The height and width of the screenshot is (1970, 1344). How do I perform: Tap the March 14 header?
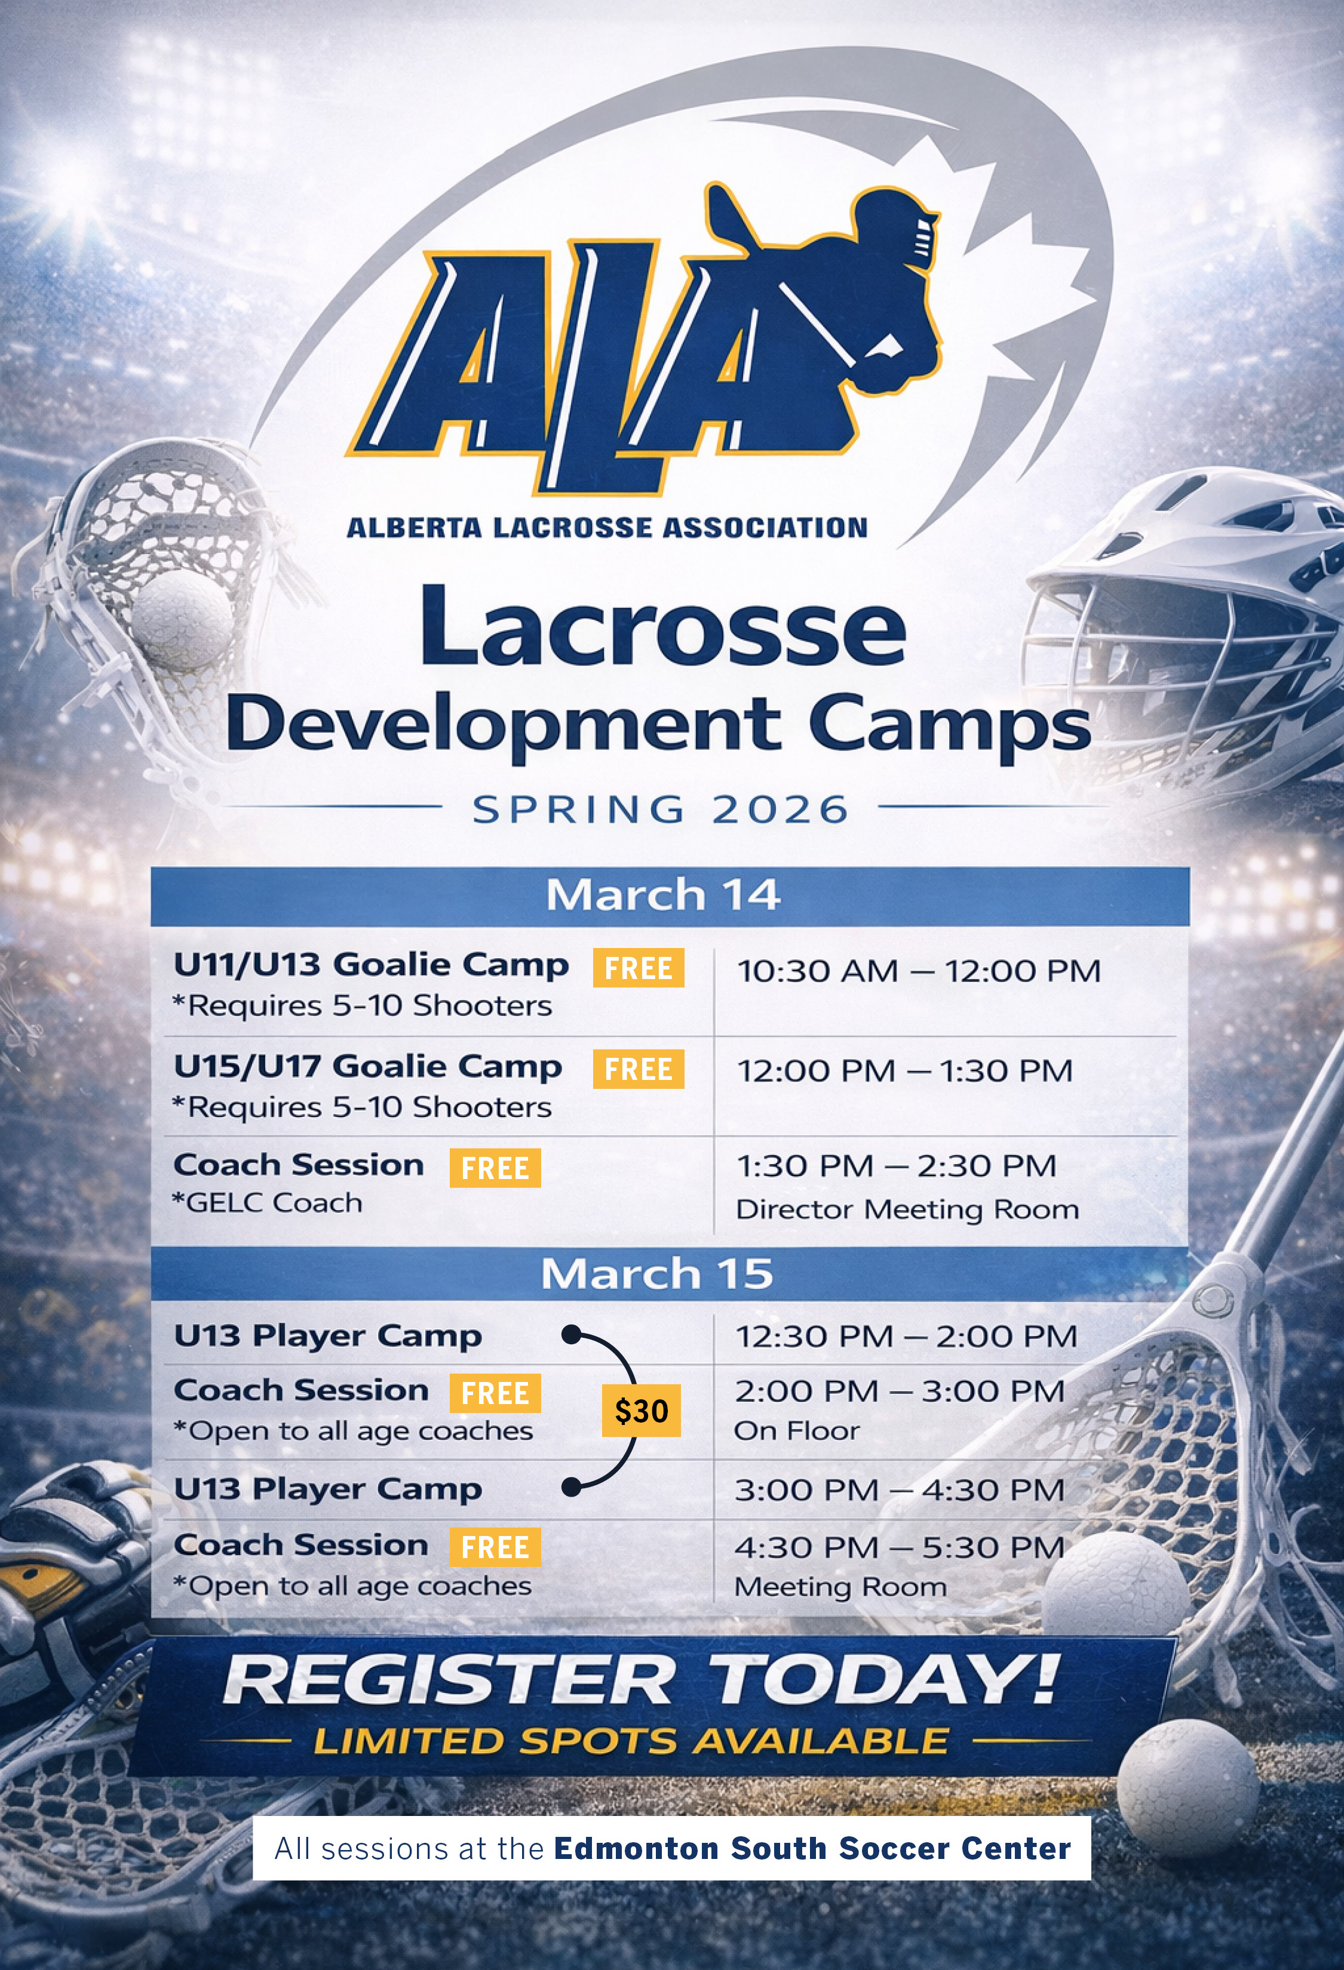click(x=663, y=895)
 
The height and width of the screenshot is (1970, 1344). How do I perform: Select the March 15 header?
click(x=658, y=1273)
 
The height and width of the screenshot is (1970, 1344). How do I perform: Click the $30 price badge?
click(x=641, y=1411)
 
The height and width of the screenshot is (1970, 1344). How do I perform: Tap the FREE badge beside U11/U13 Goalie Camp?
click(x=639, y=967)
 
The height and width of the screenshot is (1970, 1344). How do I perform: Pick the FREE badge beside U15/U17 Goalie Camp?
click(x=639, y=1069)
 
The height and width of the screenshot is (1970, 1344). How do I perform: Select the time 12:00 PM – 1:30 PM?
click(x=906, y=1070)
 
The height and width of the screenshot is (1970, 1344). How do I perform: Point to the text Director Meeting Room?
click(x=907, y=1209)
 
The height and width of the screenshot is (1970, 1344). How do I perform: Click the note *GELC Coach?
click(x=267, y=1203)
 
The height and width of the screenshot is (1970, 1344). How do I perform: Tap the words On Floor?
click(x=797, y=1431)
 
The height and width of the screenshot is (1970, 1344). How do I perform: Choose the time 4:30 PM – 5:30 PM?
click(x=900, y=1547)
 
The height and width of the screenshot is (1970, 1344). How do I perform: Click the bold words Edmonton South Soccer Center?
click(x=812, y=1848)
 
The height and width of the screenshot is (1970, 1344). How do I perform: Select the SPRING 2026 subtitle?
click(x=661, y=809)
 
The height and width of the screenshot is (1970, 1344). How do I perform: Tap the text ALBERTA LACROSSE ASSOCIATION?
click(x=607, y=528)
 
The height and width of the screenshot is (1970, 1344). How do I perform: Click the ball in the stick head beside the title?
click(x=182, y=616)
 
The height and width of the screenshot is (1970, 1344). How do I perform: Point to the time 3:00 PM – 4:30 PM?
click(x=900, y=1490)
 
